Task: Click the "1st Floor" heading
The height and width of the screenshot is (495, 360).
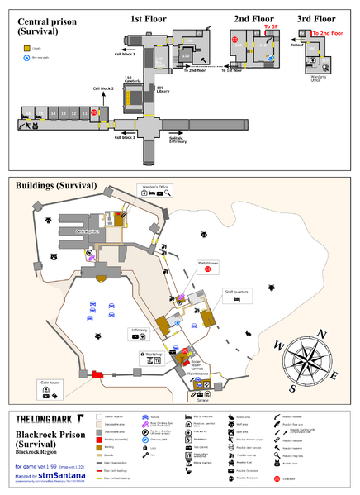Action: click(149, 17)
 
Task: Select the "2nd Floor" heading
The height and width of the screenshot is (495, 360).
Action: click(253, 17)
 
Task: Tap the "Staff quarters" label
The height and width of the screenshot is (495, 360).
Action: click(236, 291)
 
